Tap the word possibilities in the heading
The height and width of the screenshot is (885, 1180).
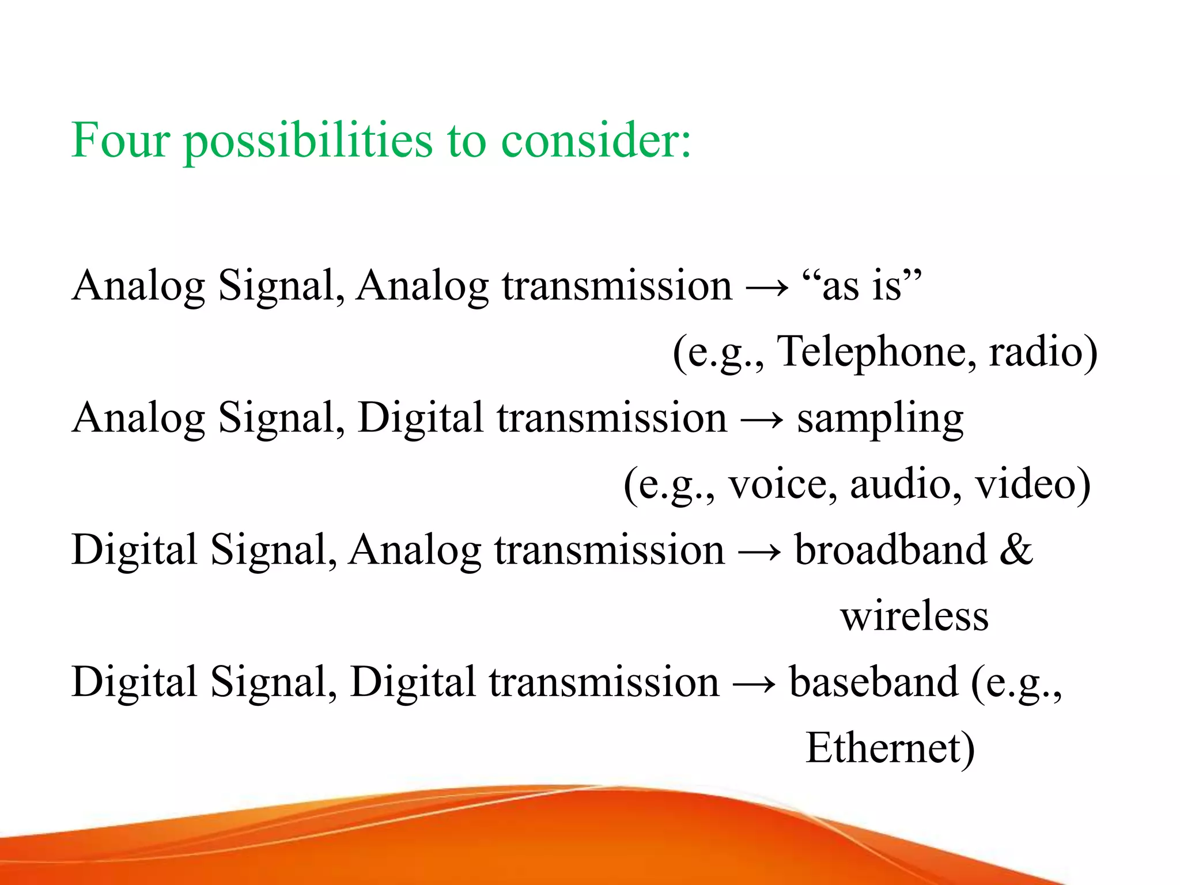point(308,141)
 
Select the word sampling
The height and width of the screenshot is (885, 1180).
point(880,419)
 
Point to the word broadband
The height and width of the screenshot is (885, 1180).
point(890,550)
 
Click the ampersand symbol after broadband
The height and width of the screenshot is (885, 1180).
point(1016,550)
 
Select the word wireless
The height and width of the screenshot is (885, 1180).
point(914,617)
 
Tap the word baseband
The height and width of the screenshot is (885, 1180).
point(873,682)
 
